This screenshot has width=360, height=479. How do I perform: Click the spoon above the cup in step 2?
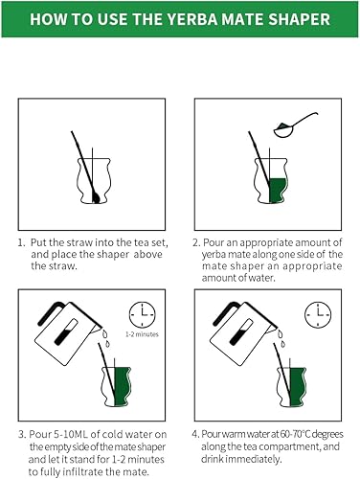click(294, 125)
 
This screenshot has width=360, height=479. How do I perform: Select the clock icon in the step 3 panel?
click(143, 314)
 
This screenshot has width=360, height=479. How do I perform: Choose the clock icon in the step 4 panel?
click(318, 314)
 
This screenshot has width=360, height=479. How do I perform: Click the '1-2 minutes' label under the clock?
click(142, 334)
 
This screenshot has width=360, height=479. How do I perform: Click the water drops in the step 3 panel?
click(106, 339)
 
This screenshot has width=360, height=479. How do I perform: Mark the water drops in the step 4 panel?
click(281, 339)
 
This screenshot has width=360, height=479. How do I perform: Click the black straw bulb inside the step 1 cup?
click(96, 197)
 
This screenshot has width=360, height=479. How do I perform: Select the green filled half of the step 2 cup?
click(278, 191)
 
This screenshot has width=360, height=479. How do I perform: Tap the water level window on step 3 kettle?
click(65, 332)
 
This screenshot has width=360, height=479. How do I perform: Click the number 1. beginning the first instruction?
click(21, 242)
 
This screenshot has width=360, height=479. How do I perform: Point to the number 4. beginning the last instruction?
click(195, 434)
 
